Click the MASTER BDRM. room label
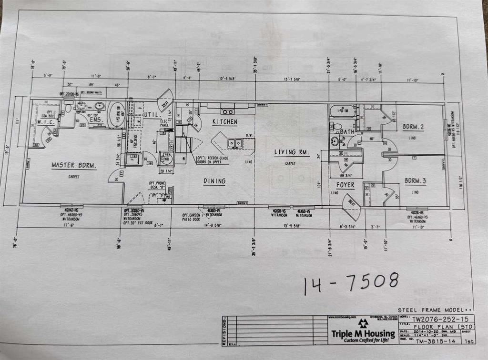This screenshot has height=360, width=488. pos(74,166)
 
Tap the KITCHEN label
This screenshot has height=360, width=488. pos(224,122)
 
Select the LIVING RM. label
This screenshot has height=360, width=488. pos(292,153)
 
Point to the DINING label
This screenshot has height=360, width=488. pos(214,181)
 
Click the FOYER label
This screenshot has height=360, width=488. pos(345,185)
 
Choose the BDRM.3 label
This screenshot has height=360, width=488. pos(415,181)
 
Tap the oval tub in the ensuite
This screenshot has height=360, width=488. pos(117,114)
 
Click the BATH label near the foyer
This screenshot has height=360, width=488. pos(347,131)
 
